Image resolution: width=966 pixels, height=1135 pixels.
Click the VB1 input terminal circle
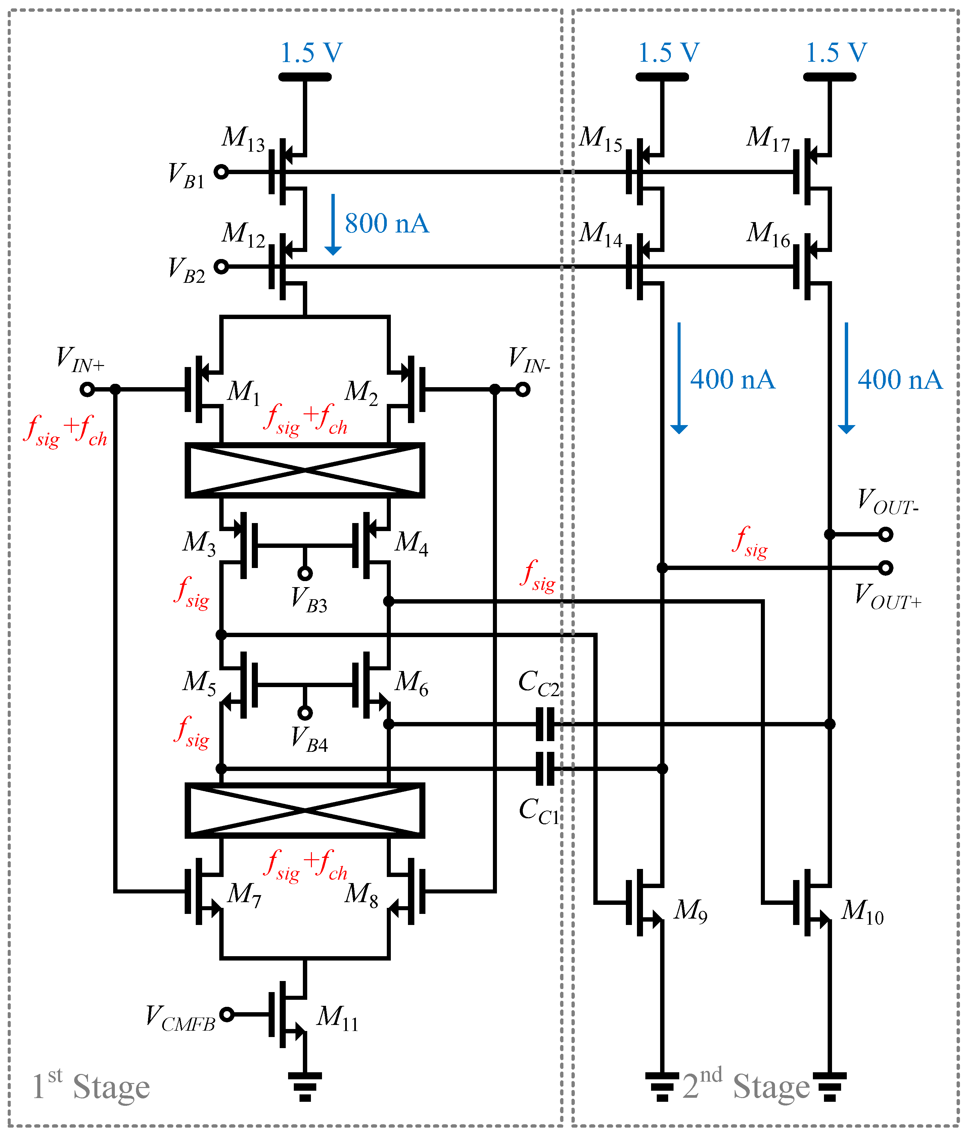click(221, 172)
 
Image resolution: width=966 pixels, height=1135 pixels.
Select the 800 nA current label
click(386, 224)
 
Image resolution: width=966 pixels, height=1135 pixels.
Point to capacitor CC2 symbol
click(545, 724)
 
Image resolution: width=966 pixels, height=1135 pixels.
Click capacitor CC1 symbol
click(545, 769)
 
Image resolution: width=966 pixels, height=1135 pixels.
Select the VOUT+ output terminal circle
click(885, 568)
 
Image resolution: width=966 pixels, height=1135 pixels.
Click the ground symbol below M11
click(305, 1086)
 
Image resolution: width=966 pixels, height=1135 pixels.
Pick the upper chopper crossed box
click(305, 470)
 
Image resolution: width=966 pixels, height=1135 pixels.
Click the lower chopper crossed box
click(305, 811)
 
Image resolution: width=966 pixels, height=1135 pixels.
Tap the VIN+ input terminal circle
click(87, 389)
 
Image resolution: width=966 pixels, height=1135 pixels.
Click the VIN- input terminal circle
click(523, 389)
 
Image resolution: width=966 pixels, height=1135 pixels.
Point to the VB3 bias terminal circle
click(305, 573)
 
